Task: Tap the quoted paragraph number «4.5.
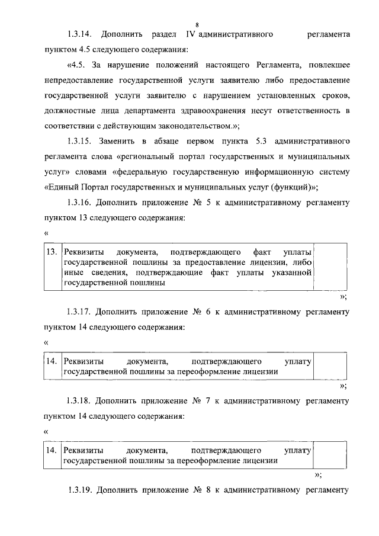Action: [x=78, y=65]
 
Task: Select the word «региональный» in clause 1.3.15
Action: [x=140, y=158]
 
